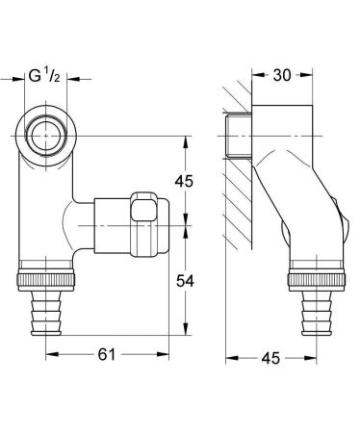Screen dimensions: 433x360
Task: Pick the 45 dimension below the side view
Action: click(272, 358)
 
